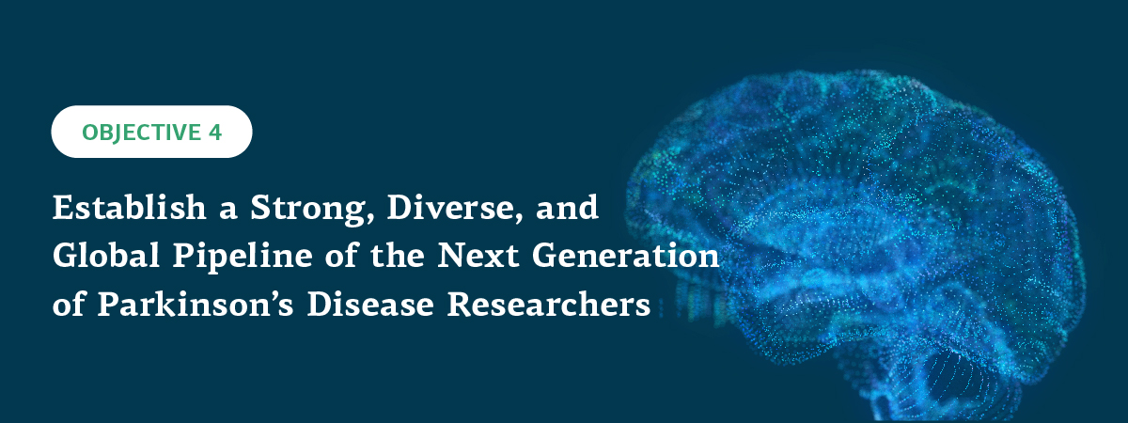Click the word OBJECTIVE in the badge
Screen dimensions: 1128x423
(142, 133)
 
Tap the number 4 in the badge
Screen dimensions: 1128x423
(215, 133)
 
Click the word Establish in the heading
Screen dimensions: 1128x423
(130, 207)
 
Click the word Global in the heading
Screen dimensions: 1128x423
(106, 256)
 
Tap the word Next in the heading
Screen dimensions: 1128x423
(478, 256)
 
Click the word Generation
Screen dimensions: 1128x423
(626, 256)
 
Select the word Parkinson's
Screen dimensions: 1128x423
(196, 304)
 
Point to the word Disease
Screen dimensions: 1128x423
(370, 304)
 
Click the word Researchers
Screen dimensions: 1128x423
(549, 304)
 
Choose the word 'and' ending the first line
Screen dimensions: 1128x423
(567, 207)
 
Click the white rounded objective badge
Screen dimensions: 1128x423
(151, 132)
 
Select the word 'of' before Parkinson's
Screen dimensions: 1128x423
(69, 305)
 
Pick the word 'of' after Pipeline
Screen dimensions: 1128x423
(341, 256)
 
